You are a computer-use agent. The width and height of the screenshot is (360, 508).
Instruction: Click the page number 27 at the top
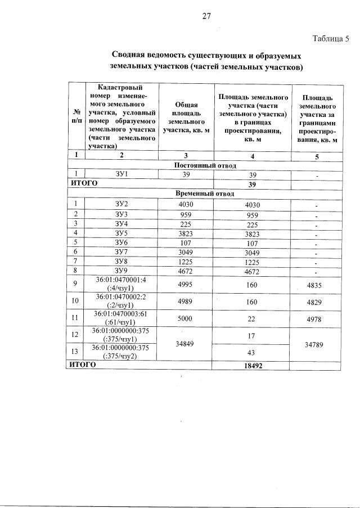coord(206,16)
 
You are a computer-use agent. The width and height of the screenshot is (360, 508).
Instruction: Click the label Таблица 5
coord(331,39)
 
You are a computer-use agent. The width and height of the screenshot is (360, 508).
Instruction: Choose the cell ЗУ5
coord(121,232)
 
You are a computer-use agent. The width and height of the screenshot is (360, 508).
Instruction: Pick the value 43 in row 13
coord(251,352)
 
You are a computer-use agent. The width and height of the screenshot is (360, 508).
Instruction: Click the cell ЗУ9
coord(121,271)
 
